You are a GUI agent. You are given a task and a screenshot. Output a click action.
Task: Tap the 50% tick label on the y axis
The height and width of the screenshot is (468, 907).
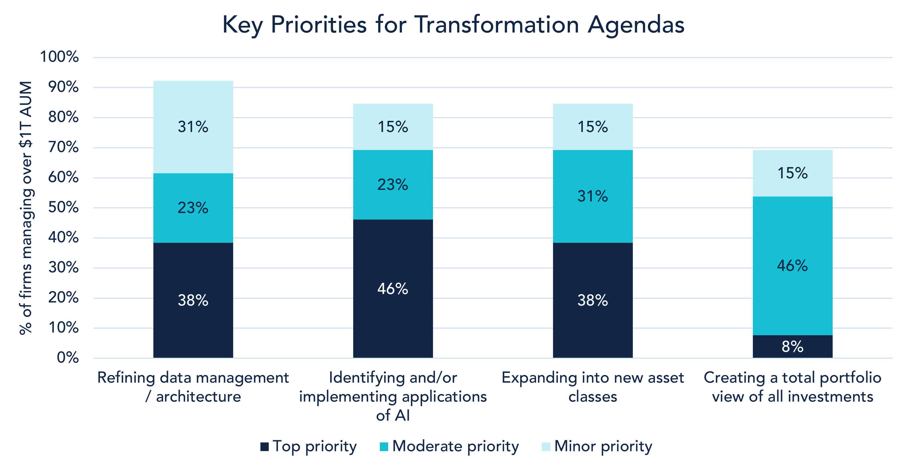(63, 207)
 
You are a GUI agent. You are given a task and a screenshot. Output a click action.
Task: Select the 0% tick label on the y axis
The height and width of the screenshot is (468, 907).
(67, 358)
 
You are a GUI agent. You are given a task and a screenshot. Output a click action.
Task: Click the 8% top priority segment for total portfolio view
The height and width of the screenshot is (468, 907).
(792, 347)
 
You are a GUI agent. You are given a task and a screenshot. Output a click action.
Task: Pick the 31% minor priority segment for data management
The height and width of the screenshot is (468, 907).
(193, 127)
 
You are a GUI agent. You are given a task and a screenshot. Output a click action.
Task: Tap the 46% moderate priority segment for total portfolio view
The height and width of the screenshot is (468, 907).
(792, 266)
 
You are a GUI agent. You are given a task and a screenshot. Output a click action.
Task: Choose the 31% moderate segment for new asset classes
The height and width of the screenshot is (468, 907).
(593, 196)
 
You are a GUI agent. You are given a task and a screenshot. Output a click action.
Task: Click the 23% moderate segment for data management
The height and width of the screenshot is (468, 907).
(193, 208)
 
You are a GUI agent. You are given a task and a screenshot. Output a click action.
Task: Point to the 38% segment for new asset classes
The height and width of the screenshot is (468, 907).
(593, 300)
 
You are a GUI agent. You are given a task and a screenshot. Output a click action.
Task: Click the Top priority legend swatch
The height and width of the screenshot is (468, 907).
(264, 447)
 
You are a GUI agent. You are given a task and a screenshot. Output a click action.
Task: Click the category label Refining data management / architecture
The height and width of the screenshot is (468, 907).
(193, 387)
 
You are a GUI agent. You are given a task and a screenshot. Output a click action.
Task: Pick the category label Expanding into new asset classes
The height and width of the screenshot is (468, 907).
(593, 387)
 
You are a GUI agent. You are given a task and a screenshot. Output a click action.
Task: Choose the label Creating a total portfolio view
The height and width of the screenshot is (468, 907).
(792, 387)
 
